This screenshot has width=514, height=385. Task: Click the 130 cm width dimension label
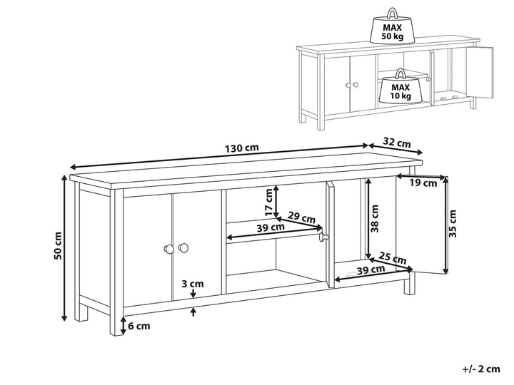click(242, 148)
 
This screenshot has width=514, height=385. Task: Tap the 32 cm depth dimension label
click(397, 143)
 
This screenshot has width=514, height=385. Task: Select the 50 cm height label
click(58, 245)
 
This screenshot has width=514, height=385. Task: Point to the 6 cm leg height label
click(139, 326)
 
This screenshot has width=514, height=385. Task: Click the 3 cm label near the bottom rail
click(193, 284)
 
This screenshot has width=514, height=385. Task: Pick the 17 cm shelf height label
click(269, 202)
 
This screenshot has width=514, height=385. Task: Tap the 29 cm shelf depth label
click(301, 217)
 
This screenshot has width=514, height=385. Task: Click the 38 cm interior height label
click(375, 219)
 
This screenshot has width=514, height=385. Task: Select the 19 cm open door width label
click(423, 183)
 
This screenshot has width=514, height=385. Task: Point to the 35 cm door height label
click(453, 224)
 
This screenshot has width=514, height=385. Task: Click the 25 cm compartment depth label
click(393, 258)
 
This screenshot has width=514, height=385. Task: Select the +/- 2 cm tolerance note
click(481, 369)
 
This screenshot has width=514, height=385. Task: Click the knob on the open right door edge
click(323, 237)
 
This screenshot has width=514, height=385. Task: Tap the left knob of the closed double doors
click(168, 249)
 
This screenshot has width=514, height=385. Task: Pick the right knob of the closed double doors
click(183, 248)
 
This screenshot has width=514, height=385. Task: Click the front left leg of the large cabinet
click(116, 262)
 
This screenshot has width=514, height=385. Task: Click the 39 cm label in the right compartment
click(371, 270)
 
